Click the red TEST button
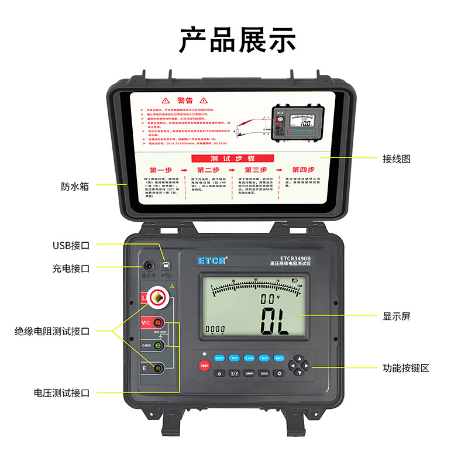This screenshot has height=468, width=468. (204, 366)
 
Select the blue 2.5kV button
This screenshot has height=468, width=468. (249, 357)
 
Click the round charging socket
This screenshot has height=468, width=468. (147, 266)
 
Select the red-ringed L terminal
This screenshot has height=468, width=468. (158, 299)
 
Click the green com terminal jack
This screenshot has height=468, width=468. (158, 346)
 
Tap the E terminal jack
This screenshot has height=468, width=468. (158, 367)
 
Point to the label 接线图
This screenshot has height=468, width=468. (397, 158)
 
